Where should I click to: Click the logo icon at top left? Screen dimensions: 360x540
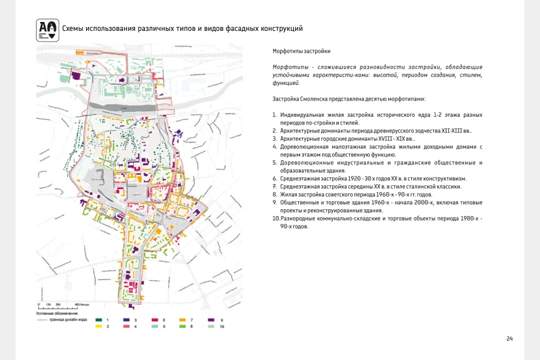click(x=48, y=30)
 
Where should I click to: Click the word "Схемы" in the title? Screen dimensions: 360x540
click(x=75, y=28)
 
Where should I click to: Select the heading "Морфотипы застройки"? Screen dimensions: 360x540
click(x=301, y=50)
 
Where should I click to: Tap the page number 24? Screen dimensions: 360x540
click(x=509, y=339)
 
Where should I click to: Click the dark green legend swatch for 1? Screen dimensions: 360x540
click(x=99, y=320)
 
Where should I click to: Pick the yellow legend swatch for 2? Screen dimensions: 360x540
click(x=99, y=327)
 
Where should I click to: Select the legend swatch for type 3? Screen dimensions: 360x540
click(x=127, y=320)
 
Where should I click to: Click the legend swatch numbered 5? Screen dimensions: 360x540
click(x=154, y=320)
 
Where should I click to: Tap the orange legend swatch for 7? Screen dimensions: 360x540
click(x=183, y=320)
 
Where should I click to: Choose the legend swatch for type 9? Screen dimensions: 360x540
click(x=211, y=320)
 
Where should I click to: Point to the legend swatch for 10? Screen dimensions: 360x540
click(x=211, y=327)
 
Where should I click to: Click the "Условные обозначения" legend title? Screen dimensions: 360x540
click(x=57, y=313)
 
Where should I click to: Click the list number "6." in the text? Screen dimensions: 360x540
click(x=275, y=178)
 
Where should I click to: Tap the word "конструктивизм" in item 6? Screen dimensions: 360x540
click(x=445, y=178)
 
